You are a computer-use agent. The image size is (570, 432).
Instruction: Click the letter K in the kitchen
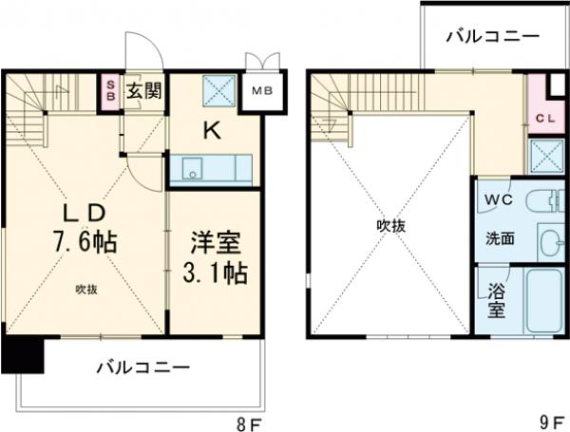pos(213,133)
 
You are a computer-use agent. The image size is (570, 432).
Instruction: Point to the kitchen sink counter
pos(210,169)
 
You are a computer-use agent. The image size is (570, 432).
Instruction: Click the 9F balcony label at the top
pos(493,36)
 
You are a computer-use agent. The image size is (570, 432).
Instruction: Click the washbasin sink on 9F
pos(548,241)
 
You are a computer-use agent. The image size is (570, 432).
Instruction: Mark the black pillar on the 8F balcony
pos(22,356)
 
